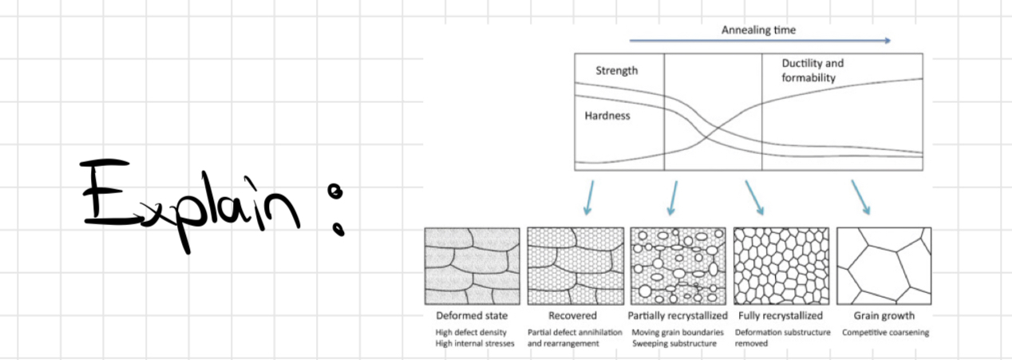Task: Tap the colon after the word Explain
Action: (338, 209)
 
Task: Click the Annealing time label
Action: (758, 30)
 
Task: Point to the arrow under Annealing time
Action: (759, 40)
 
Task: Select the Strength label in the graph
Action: (617, 71)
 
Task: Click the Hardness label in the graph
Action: (607, 116)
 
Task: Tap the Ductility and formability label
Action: (812, 70)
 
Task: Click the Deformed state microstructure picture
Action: (472, 265)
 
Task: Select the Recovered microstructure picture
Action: (574, 265)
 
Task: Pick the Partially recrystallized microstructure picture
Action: (678, 265)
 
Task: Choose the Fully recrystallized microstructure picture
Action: (781, 265)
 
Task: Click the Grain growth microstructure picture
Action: (884, 265)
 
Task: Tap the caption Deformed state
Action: (472, 316)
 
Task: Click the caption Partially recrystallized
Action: (678, 316)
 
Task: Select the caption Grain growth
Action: (883, 316)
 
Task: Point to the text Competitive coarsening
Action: (886, 332)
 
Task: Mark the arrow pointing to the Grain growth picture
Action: (860, 196)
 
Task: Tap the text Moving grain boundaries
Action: (678, 332)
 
